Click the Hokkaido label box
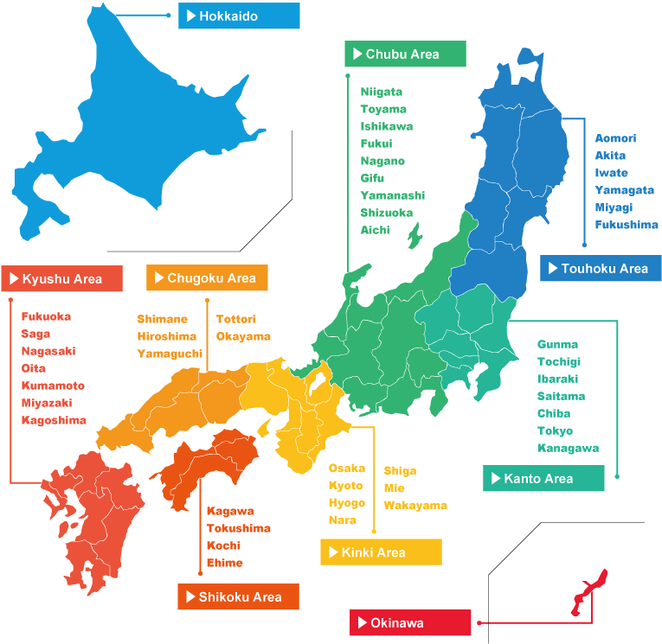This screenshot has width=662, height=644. (x=239, y=16)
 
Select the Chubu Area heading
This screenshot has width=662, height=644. (x=405, y=54)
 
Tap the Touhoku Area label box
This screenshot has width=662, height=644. (x=601, y=268)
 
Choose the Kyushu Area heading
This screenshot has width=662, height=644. (x=62, y=278)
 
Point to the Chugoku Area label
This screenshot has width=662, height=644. (x=208, y=277)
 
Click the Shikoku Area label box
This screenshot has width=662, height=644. (x=238, y=596)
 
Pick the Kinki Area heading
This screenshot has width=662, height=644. (x=381, y=552)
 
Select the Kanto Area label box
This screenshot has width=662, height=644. (x=543, y=478)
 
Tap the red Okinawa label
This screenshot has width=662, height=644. (x=411, y=622)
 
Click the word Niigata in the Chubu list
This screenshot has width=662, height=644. (x=382, y=92)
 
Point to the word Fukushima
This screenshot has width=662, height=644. (x=627, y=225)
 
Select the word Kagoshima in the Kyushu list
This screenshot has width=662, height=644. (x=54, y=420)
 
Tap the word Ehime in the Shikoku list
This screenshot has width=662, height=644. (x=225, y=563)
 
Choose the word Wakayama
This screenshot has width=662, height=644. (x=415, y=505)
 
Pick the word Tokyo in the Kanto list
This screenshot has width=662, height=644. (x=555, y=430)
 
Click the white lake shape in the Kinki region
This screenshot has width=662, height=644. (x=318, y=380)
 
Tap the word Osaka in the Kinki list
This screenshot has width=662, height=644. (x=346, y=469)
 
